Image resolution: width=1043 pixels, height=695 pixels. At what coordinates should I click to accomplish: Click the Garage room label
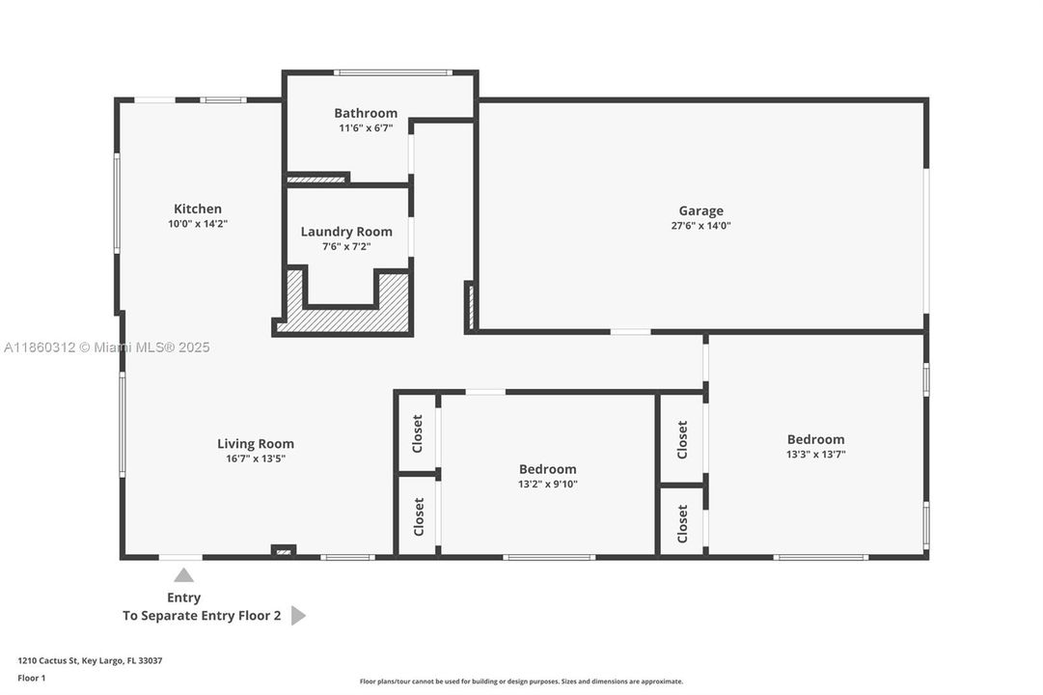click(700, 210)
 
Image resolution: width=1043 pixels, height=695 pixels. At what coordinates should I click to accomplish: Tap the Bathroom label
click(366, 113)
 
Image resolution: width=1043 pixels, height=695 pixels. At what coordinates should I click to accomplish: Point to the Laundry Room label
click(346, 232)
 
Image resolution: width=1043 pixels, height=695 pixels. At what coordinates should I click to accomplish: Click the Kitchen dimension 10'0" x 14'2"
click(198, 224)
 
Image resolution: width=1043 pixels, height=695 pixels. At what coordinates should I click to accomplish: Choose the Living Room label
click(256, 444)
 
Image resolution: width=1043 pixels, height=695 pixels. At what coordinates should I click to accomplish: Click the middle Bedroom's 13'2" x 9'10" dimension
click(547, 485)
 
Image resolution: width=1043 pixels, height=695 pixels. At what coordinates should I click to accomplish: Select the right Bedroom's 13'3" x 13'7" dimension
click(815, 455)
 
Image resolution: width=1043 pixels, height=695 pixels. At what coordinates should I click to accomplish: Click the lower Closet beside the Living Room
click(418, 516)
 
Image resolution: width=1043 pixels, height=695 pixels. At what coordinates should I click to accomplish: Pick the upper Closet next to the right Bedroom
click(682, 439)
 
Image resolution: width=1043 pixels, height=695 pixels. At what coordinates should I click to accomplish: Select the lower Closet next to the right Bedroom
click(682, 523)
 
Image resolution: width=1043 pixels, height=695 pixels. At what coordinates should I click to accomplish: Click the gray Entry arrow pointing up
click(183, 575)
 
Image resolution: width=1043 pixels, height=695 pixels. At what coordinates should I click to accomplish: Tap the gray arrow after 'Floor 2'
click(298, 616)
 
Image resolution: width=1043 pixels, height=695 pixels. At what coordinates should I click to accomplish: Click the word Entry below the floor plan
click(183, 598)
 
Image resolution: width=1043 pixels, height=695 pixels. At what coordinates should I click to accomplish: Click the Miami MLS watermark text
click(145, 347)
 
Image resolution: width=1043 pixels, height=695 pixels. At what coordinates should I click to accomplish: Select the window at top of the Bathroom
click(393, 72)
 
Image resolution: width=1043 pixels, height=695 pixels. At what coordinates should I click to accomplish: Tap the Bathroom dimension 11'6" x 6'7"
click(366, 128)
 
